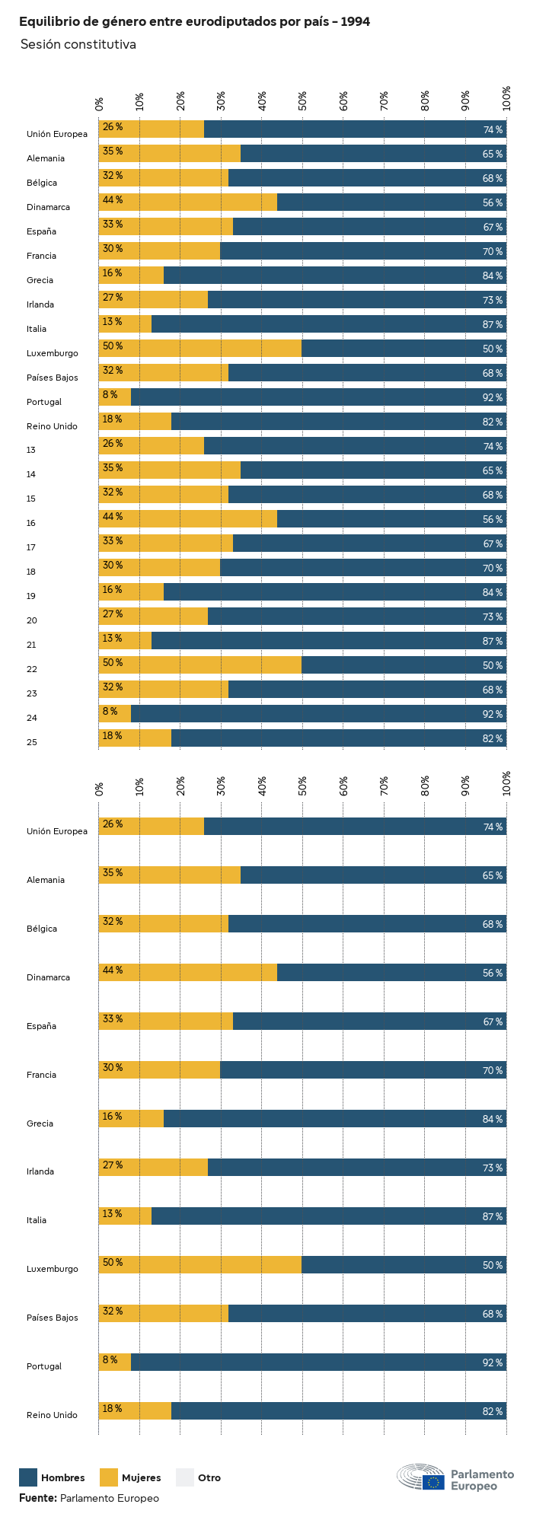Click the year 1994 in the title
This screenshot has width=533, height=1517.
coord(355,22)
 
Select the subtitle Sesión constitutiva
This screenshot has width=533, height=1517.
coord(78,45)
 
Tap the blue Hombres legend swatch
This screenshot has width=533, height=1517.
coord(28,1477)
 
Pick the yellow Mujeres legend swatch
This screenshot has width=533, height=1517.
coord(109,1477)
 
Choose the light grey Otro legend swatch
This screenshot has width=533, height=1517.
coord(185,1477)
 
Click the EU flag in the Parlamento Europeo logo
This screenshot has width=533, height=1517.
coord(433,1481)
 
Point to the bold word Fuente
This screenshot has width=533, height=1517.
coord(37,1498)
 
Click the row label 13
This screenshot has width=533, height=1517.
coord(31,450)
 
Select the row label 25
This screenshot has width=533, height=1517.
coord(31,742)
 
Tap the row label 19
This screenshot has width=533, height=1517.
coord(31,596)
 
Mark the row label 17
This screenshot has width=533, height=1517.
coord(31,547)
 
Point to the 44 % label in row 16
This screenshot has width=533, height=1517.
coord(113,517)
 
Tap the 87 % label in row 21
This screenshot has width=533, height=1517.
coord(493,642)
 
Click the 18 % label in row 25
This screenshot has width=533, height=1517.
coord(113,736)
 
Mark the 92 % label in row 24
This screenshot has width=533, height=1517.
coord(493,715)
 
